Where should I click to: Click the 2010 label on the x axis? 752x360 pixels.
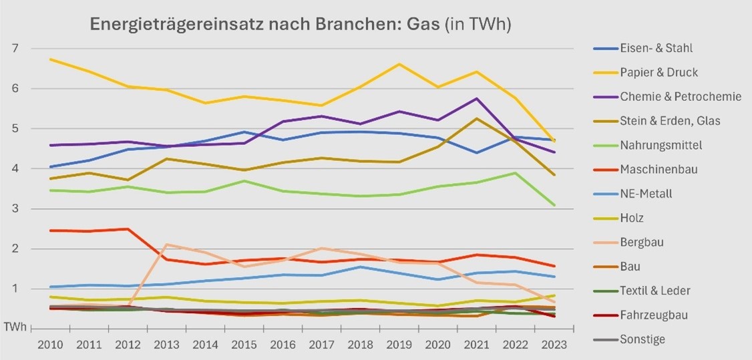tap(51, 345)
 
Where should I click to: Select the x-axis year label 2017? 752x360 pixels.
tap(322, 345)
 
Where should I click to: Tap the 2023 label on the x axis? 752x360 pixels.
tap(554, 345)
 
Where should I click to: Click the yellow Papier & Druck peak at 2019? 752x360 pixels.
tap(399, 64)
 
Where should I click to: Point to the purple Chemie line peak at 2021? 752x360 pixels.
tap(477, 99)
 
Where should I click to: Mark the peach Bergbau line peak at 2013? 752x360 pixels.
tap(167, 244)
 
